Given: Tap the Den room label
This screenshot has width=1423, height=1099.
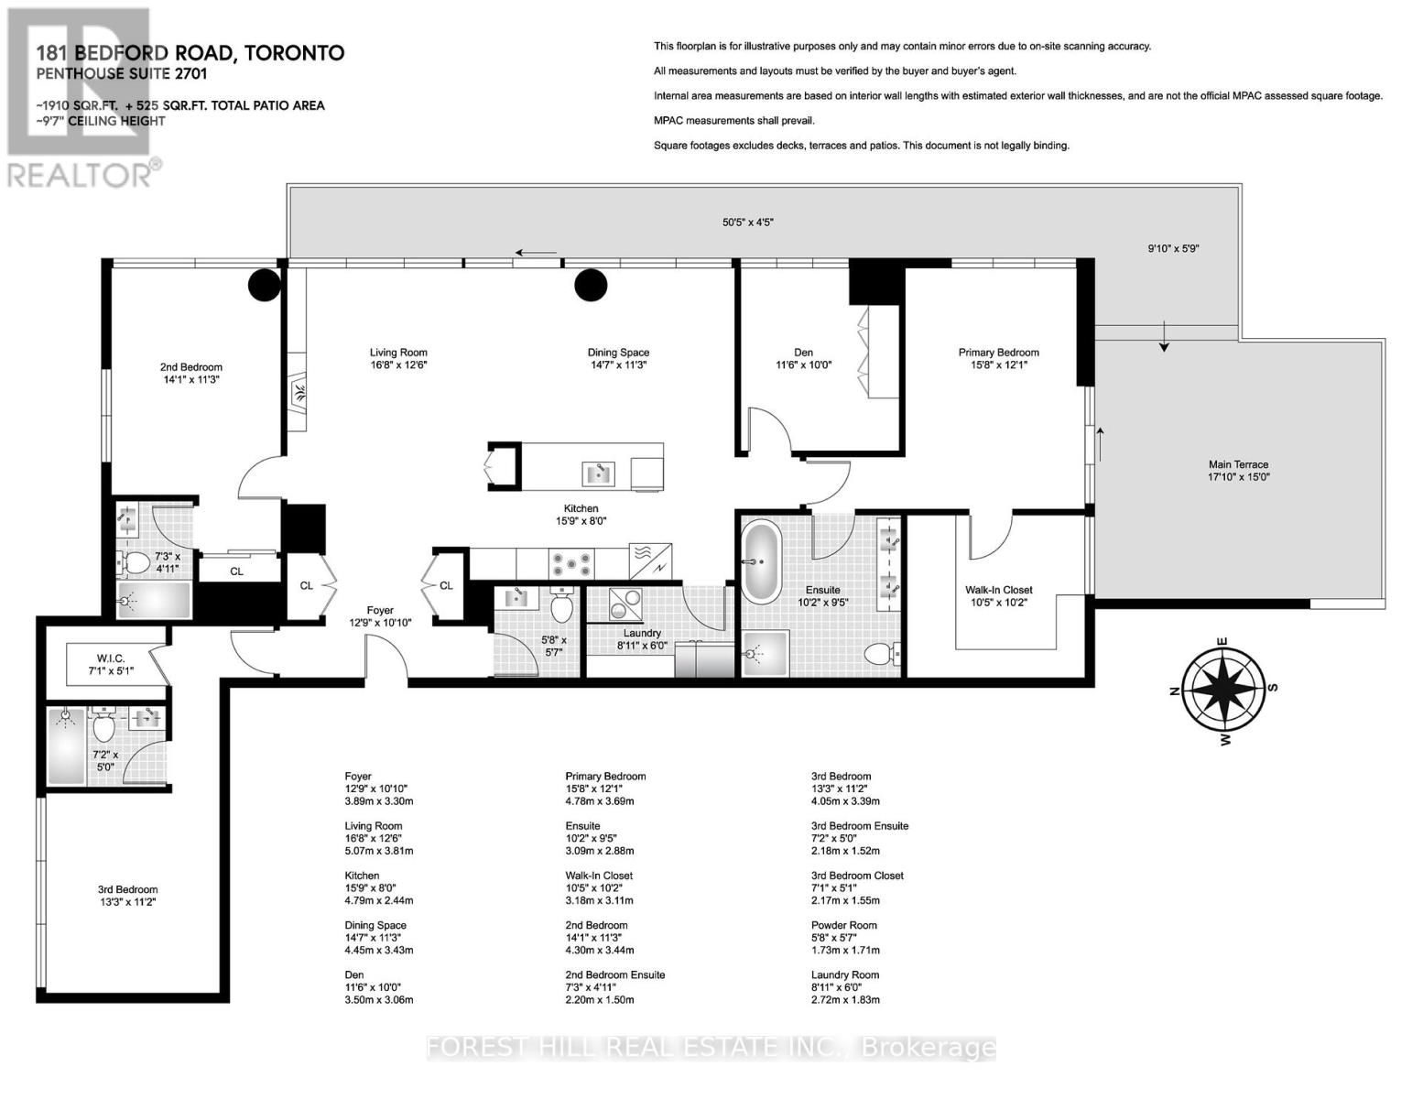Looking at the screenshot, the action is pyautogui.click(x=803, y=353).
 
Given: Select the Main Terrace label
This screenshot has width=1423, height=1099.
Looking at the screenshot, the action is pyautogui.click(x=1238, y=464).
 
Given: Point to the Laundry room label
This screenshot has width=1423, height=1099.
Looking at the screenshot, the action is pyautogui.click(x=642, y=634).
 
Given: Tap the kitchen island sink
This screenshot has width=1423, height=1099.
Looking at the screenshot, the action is pyautogui.click(x=599, y=473).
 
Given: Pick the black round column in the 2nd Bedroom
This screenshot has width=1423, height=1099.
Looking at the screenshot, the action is pyautogui.click(x=265, y=286).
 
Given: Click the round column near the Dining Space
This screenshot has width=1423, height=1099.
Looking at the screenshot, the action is pyautogui.click(x=591, y=286).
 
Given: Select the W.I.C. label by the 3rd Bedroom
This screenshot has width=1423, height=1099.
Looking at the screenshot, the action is pyautogui.click(x=111, y=658).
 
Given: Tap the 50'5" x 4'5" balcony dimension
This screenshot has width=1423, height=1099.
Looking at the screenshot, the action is pyautogui.click(x=748, y=223).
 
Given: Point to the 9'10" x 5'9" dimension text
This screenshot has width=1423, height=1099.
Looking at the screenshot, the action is pyautogui.click(x=1174, y=249).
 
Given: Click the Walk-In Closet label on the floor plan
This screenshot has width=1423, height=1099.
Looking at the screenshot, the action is pyautogui.click(x=999, y=590).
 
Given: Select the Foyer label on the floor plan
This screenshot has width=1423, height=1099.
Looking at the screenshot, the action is pyautogui.click(x=380, y=611).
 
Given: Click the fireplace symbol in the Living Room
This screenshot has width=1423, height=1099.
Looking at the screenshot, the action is pyautogui.click(x=299, y=393).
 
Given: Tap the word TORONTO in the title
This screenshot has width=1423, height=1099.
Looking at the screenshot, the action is pyautogui.click(x=294, y=53).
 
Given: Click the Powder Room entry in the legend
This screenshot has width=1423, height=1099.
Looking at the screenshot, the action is pyautogui.click(x=844, y=925).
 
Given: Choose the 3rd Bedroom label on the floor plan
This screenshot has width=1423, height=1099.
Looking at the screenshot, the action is pyautogui.click(x=127, y=889).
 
